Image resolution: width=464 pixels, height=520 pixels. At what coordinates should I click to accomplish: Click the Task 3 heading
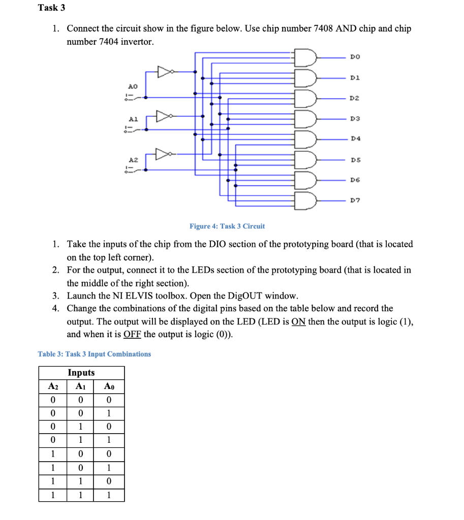52,8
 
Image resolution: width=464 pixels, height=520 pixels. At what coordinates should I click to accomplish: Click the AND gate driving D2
306,97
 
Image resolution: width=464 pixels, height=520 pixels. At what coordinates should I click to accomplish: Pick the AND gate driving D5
306,159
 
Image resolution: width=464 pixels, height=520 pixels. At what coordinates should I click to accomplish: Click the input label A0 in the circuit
132,87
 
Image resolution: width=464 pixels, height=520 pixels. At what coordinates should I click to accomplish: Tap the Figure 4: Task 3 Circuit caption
227,226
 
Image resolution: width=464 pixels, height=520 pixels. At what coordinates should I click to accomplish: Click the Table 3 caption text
95,354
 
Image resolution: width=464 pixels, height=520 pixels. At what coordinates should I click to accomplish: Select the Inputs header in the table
81,373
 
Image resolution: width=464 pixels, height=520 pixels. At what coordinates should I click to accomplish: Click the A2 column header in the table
53,386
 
